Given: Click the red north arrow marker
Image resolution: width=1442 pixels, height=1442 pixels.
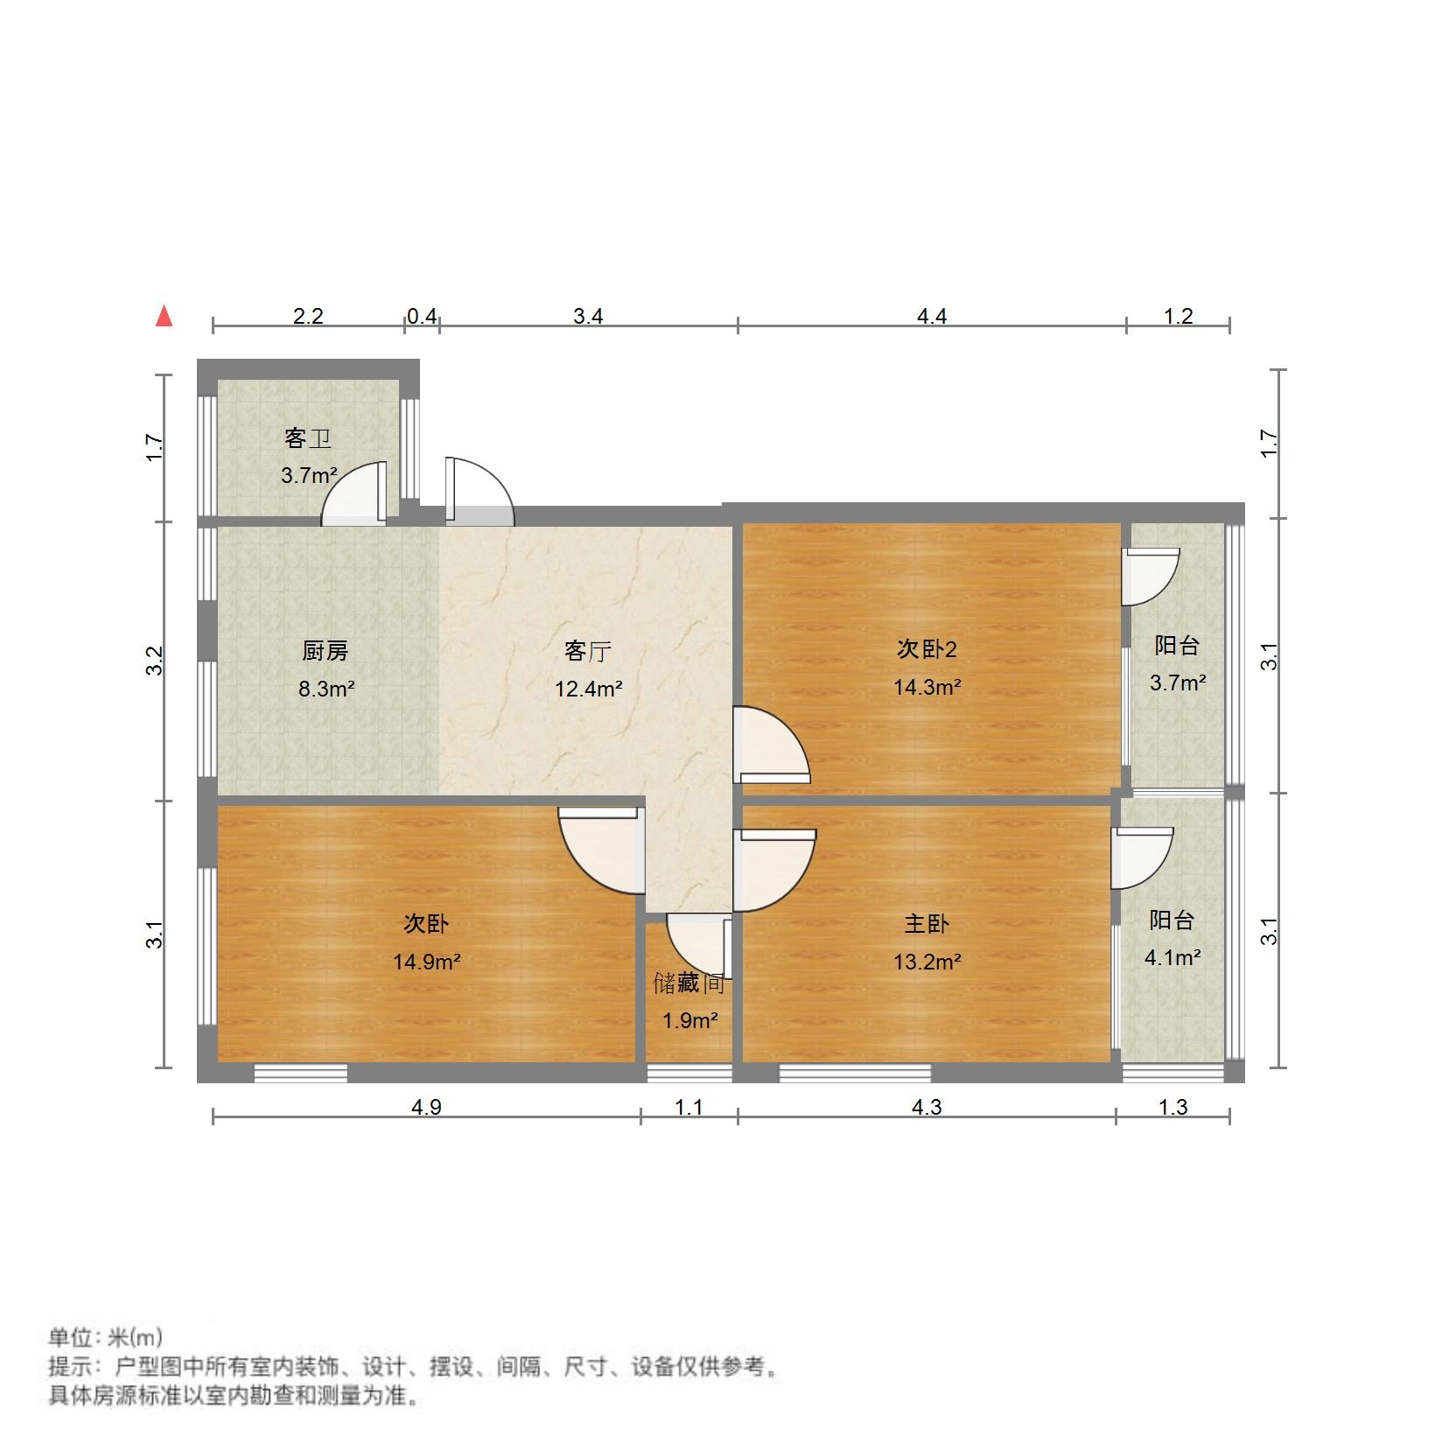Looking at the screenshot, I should [x=164, y=316].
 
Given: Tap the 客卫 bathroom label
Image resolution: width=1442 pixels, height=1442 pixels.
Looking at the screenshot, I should [x=308, y=438].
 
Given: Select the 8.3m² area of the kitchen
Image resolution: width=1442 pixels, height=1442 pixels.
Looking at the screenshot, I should [x=326, y=689].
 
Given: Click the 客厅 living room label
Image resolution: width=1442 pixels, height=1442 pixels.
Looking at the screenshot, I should [x=587, y=651].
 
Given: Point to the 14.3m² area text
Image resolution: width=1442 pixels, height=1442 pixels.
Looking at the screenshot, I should [x=927, y=687].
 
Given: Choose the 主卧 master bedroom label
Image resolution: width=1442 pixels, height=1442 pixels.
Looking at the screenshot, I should [x=927, y=924].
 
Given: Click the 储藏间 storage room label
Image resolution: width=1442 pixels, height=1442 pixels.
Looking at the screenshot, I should [x=689, y=983].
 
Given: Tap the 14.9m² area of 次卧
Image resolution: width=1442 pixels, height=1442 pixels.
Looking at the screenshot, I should [x=426, y=962].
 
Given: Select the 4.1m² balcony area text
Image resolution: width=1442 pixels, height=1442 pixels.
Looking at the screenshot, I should [x=1172, y=957].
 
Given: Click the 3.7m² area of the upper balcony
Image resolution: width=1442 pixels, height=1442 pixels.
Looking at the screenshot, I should [x=1177, y=682].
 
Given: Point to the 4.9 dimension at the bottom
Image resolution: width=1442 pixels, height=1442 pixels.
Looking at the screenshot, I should [x=426, y=1108].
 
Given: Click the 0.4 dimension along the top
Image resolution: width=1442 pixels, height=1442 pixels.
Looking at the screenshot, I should [x=421, y=316].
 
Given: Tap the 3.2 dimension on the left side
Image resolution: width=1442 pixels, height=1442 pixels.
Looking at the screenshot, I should [x=155, y=661].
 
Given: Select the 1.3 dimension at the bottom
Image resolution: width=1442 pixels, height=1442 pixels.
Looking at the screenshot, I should [x=1172, y=1108].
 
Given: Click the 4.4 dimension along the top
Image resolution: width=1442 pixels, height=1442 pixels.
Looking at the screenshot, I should [x=932, y=316].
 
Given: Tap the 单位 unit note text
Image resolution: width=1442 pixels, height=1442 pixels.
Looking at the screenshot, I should [x=105, y=1338].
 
